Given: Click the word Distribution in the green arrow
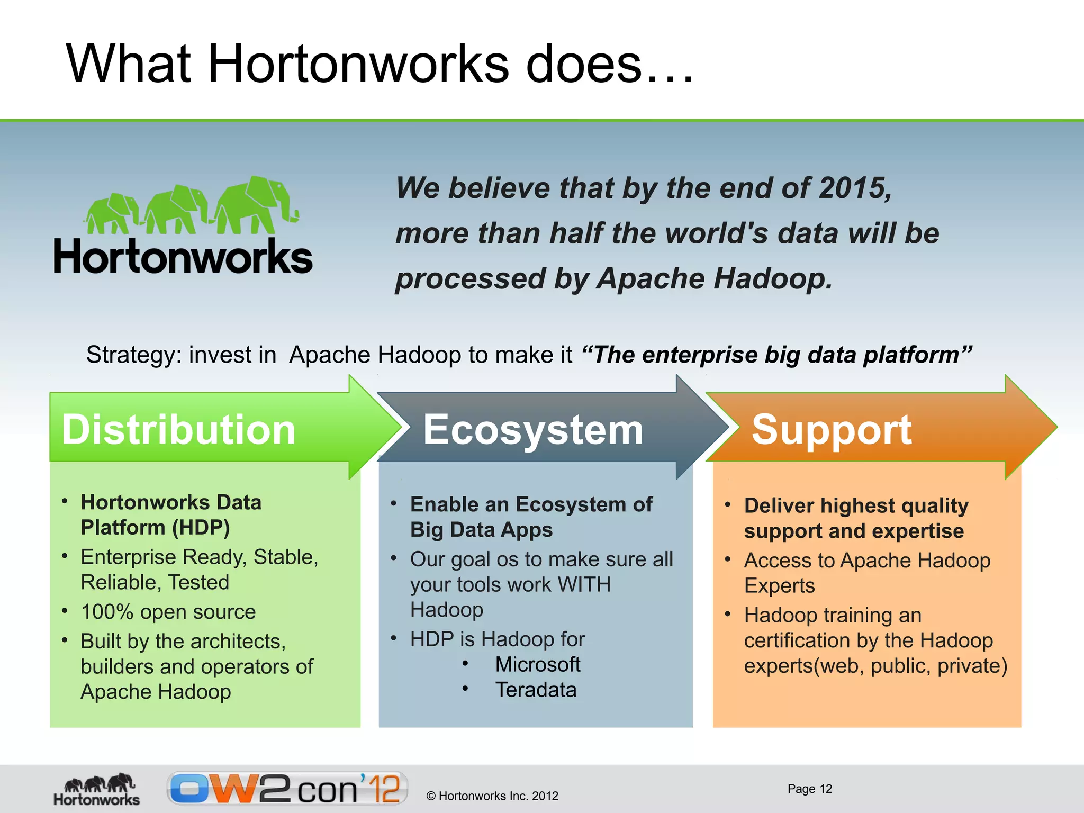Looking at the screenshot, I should point(178,429).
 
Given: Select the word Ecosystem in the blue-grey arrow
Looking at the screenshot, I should point(533,429).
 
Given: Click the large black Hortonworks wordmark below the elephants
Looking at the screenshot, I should point(183,257).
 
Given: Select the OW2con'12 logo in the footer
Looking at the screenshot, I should point(287,789).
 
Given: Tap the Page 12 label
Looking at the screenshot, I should point(809,789).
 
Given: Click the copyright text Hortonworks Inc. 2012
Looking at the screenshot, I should point(492,796).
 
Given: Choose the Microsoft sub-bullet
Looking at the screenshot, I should point(537,664).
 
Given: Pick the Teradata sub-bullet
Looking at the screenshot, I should point(536,690).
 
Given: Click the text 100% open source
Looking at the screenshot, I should point(168,612).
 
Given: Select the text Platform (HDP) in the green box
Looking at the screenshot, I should point(155,528).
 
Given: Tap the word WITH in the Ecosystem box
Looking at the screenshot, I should point(584,585).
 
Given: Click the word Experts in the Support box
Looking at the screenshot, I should point(779,586).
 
